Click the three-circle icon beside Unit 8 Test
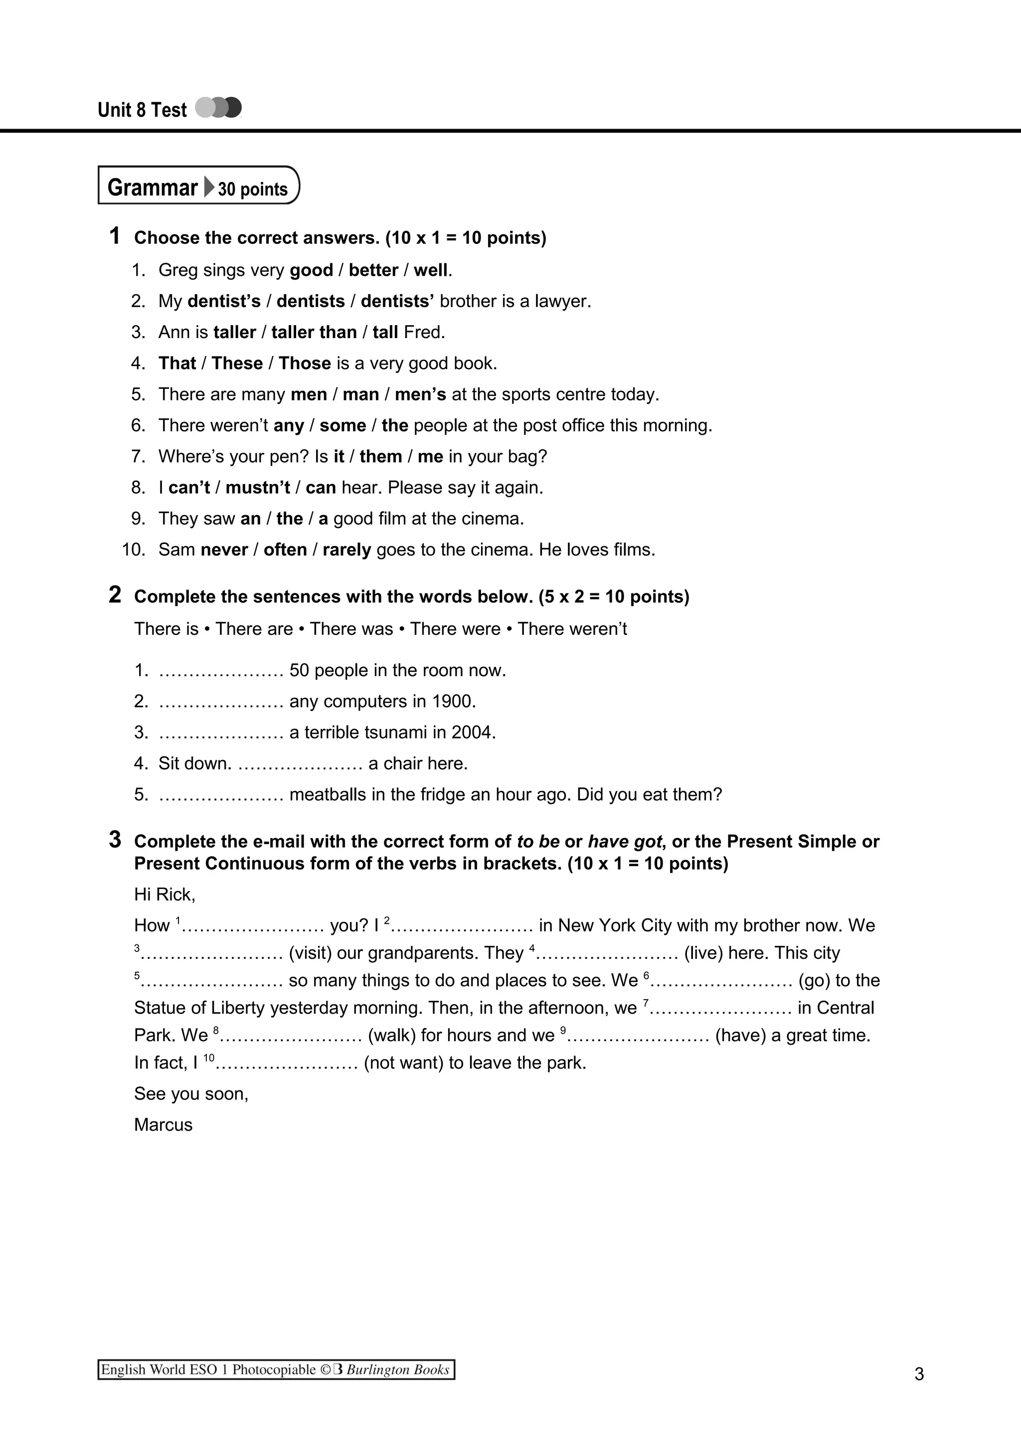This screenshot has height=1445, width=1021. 218,108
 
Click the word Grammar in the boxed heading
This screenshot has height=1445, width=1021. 152,187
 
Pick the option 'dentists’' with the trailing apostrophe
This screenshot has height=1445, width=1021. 397,301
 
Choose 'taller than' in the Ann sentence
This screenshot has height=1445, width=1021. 314,332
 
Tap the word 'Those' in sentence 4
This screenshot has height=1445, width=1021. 305,363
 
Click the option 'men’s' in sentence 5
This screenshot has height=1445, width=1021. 420,394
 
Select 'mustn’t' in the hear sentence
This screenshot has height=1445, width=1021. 258,488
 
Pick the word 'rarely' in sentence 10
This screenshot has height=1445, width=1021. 346,550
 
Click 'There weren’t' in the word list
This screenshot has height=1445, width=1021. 572,629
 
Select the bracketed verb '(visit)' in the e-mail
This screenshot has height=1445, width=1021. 310,953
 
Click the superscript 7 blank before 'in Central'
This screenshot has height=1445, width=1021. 720,1008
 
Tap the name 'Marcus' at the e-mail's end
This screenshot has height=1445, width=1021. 163,1125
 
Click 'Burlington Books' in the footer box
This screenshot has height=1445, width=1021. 397,1370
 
